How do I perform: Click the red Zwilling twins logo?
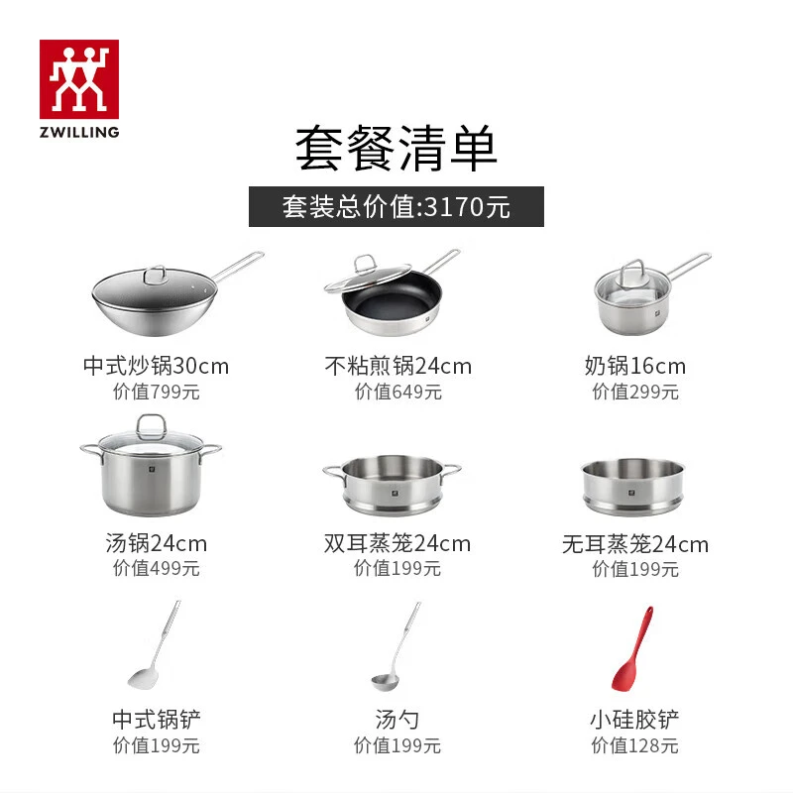(x=79, y=79)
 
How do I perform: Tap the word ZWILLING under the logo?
(x=79, y=132)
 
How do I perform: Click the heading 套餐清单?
(x=396, y=148)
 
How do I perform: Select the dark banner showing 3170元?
(x=396, y=206)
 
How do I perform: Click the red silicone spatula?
(x=632, y=648)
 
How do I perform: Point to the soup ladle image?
(x=396, y=647)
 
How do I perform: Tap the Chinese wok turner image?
(x=154, y=644)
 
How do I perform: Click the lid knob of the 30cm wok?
(x=156, y=275)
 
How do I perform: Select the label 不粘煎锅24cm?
(x=398, y=366)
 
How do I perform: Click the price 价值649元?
(x=398, y=392)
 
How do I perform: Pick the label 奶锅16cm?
(x=635, y=366)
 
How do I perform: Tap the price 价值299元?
(x=635, y=392)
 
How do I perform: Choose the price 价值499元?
(x=157, y=568)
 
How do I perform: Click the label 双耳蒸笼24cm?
(x=397, y=543)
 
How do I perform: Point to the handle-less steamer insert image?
(x=632, y=487)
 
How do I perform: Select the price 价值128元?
(x=634, y=745)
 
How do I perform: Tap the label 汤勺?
(x=397, y=720)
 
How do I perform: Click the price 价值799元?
(x=157, y=392)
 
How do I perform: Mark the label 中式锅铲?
(x=157, y=720)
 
